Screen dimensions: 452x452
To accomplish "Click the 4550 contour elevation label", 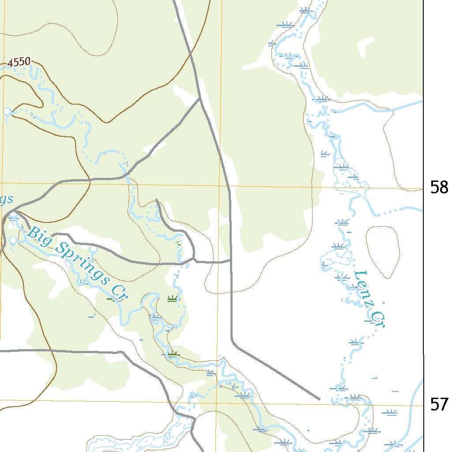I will (x=19, y=62).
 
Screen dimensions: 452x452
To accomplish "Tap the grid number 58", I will (x=439, y=188).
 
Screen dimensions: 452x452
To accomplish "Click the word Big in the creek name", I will (x=37, y=234).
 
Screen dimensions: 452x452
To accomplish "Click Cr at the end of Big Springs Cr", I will (x=118, y=293).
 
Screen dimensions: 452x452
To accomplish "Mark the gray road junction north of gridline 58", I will (x=200, y=98).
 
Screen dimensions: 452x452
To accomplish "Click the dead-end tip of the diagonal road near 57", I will (x=319, y=399).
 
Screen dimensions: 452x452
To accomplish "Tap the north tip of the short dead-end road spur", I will (x=157, y=200).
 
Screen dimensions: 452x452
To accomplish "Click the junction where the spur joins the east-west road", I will (x=193, y=259).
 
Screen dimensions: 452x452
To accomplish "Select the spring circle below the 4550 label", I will (x=7, y=112).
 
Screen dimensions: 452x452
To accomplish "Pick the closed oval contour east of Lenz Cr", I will (x=383, y=252).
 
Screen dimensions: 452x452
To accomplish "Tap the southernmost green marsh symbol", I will (x=173, y=353).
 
